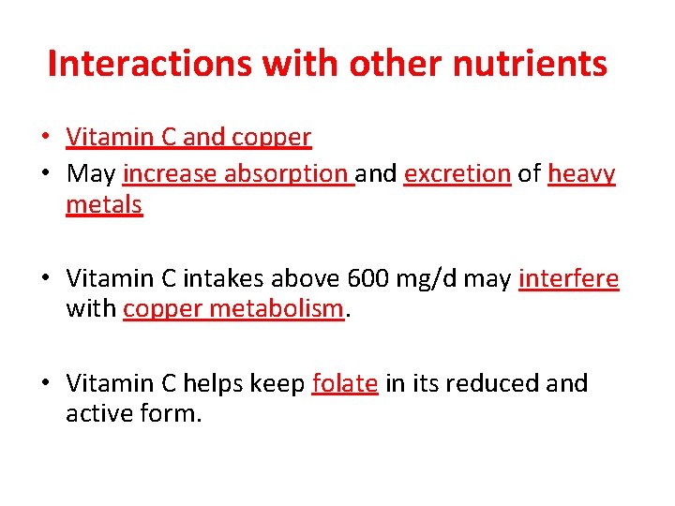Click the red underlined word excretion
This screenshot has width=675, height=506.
tap(457, 174)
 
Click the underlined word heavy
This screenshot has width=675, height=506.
tap(581, 174)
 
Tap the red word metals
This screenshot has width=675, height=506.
tap(104, 204)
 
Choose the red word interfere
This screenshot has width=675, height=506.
tap(568, 278)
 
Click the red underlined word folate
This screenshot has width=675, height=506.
tap(345, 383)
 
